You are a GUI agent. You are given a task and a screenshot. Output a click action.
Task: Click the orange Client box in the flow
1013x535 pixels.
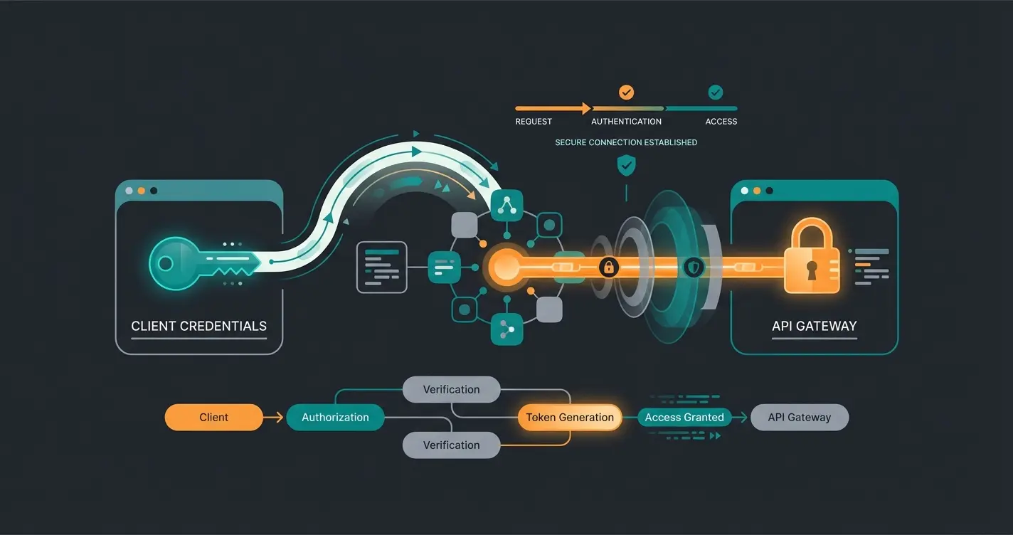coord(213,418)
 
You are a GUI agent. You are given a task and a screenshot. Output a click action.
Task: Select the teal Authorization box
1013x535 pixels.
coord(335,418)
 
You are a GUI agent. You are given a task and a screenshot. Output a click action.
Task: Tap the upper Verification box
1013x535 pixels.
coord(451,389)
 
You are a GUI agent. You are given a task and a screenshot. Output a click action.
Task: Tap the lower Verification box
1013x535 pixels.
coord(451,445)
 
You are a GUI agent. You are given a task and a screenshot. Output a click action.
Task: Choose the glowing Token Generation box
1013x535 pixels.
coord(570,418)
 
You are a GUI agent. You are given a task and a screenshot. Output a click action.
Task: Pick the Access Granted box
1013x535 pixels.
coord(684,418)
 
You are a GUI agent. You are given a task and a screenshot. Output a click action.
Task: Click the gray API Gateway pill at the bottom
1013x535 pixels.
coord(800,418)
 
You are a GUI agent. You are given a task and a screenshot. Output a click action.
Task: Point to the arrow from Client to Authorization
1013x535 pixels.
coord(274,418)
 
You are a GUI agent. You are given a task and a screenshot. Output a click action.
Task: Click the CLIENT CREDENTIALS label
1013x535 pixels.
coord(198,327)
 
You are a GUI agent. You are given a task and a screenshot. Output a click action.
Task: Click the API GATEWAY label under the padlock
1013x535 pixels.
coord(814,327)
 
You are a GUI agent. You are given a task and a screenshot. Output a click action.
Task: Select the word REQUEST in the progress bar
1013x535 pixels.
coord(534,122)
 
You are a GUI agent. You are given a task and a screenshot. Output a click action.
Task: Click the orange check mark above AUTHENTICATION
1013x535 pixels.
coord(626,92)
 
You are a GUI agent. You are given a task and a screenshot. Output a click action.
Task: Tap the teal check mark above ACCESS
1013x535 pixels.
coord(715,92)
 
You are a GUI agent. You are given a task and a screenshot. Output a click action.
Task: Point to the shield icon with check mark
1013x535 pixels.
coord(626,166)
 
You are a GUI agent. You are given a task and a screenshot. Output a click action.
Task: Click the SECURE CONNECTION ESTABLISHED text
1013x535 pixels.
coord(626,142)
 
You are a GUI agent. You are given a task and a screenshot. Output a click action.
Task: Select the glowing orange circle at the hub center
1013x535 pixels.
coord(506,267)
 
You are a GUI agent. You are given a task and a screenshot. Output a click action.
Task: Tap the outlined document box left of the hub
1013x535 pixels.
coord(381,267)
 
